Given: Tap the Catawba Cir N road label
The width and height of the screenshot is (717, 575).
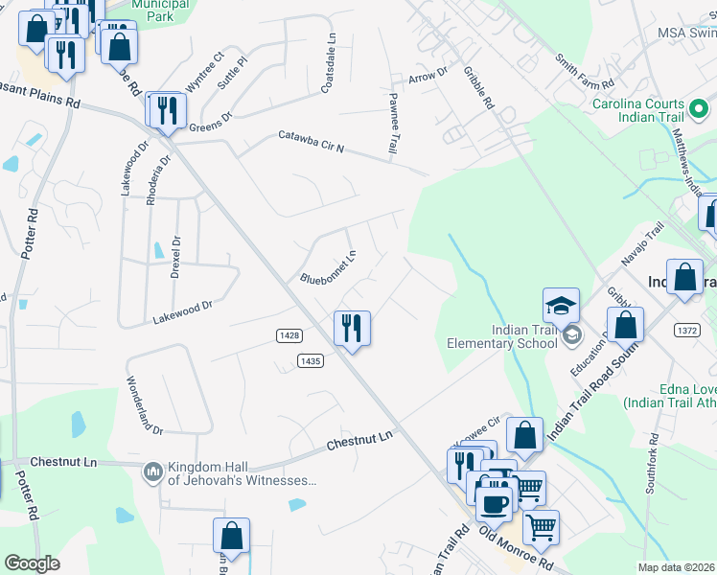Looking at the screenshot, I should [311, 143].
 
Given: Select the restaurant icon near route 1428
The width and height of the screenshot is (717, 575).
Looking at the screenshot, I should [352, 329].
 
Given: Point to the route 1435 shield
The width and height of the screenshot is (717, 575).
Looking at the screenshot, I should [310, 360].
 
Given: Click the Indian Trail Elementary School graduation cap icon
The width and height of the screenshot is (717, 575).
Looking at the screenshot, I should [561, 306].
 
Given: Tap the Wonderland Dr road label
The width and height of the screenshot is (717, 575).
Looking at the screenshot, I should [140, 401].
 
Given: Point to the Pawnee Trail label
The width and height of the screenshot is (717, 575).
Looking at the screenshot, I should [392, 124].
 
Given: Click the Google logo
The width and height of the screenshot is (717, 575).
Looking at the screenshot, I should [32, 563].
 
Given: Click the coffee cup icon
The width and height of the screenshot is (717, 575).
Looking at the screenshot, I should [495, 504].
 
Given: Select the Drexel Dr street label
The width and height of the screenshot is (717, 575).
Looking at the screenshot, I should [175, 258].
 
